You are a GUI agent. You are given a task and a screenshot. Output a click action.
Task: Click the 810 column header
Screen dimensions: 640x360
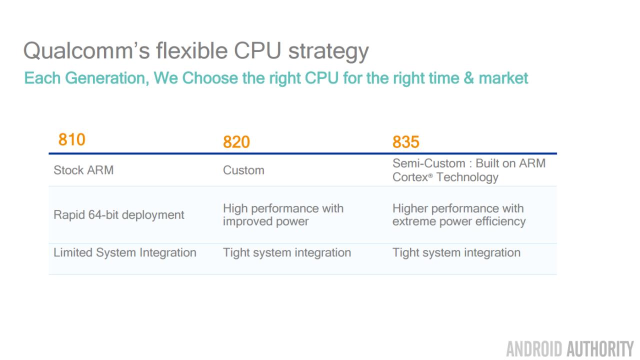click(x=71, y=139)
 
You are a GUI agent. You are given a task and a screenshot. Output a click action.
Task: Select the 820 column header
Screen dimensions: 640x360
click(x=236, y=142)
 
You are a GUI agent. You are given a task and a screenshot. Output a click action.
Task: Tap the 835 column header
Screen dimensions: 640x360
click(x=405, y=142)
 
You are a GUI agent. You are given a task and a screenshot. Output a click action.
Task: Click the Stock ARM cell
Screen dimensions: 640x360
click(x=83, y=170)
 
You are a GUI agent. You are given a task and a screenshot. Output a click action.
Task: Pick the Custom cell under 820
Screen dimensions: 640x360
click(x=243, y=170)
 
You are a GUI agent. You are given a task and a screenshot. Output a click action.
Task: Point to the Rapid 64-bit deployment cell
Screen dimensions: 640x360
click(x=119, y=215)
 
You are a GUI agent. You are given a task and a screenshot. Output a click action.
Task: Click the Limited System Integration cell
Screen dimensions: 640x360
click(x=125, y=253)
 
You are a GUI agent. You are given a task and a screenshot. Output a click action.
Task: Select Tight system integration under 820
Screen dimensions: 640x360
click(x=287, y=253)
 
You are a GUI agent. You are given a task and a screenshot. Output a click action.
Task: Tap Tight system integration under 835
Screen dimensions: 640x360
click(x=456, y=253)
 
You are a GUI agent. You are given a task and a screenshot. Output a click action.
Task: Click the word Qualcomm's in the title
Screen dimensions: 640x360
click(x=86, y=51)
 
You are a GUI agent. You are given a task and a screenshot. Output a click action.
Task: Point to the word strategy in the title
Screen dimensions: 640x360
click(x=328, y=51)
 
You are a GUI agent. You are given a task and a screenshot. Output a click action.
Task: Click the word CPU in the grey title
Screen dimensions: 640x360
click(x=257, y=50)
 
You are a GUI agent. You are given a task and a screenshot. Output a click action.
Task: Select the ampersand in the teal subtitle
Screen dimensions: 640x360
click(x=468, y=78)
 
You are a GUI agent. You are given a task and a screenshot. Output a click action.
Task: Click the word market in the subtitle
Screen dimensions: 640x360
click(x=503, y=78)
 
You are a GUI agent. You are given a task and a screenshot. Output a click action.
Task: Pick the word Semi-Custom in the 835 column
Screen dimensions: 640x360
click(x=429, y=163)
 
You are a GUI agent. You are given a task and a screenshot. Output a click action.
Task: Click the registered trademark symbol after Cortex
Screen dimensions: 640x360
click(x=430, y=175)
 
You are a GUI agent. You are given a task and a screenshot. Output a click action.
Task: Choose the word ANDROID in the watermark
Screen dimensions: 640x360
click(x=534, y=349)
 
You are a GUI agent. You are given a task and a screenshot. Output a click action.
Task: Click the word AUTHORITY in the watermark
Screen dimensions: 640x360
click(x=600, y=349)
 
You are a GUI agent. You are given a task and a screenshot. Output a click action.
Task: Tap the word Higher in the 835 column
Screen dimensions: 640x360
click(x=410, y=209)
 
